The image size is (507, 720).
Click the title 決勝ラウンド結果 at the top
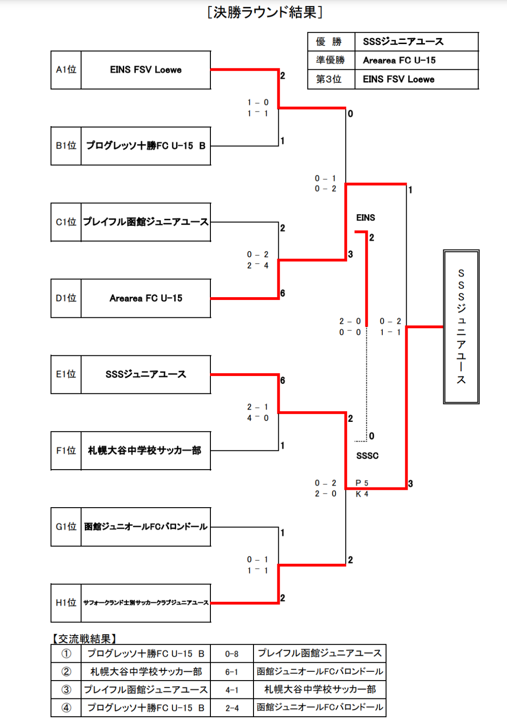(x=265, y=12)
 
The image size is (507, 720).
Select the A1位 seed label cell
(x=66, y=70)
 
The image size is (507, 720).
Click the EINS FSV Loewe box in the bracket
(x=146, y=70)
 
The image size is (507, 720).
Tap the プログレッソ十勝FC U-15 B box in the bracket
(x=146, y=146)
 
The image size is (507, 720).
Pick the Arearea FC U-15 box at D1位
(x=146, y=298)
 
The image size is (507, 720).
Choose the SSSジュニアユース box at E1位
(x=146, y=374)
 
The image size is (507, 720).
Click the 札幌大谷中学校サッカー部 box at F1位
(x=146, y=450)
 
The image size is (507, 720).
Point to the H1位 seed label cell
(x=66, y=603)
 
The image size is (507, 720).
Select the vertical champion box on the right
(x=461, y=327)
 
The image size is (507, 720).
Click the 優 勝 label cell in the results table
(x=331, y=42)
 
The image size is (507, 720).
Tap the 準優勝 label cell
(x=331, y=60)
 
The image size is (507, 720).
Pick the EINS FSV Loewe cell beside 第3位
(x=416, y=79)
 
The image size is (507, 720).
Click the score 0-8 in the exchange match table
(x=231, y=654)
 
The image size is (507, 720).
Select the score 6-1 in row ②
(x=231, y=672)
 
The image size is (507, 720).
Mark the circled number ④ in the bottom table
(x=66, y=708)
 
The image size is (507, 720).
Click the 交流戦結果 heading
(x=84, y=638)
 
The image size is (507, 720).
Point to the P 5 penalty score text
(x=362, y=483)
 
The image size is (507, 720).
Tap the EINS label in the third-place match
(x=365, y=217)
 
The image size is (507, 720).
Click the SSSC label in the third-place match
(x=367, y=456)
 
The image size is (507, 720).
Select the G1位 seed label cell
(x=66, y=527)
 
